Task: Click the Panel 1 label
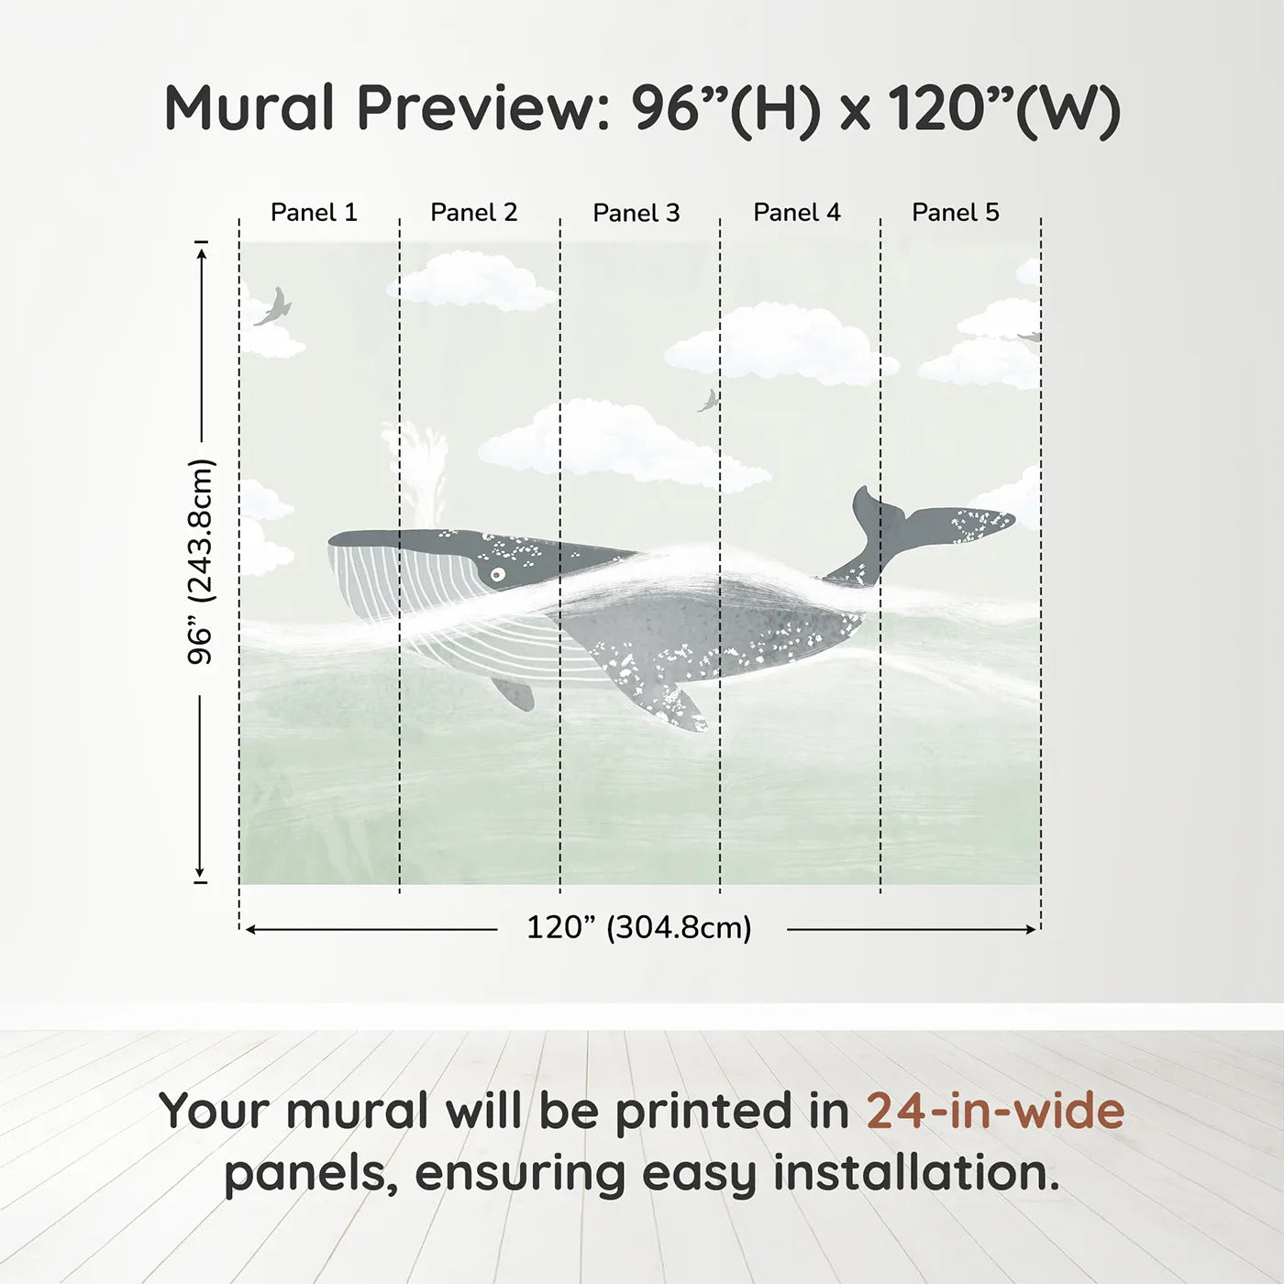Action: click(314, 213)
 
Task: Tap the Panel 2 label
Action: click(474, 213)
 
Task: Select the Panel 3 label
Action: click(636, 214)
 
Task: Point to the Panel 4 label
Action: click(797, 213)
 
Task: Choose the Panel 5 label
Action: click(956, 213)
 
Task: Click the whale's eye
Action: click(497, 575)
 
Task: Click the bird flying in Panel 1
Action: click(274, 307)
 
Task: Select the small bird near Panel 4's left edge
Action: click(708, 401)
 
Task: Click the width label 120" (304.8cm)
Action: click(639, 928)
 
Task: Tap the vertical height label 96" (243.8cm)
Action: click(200, 561)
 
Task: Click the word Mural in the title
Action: click(249, 108)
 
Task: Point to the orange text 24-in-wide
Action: click(995, 1112)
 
